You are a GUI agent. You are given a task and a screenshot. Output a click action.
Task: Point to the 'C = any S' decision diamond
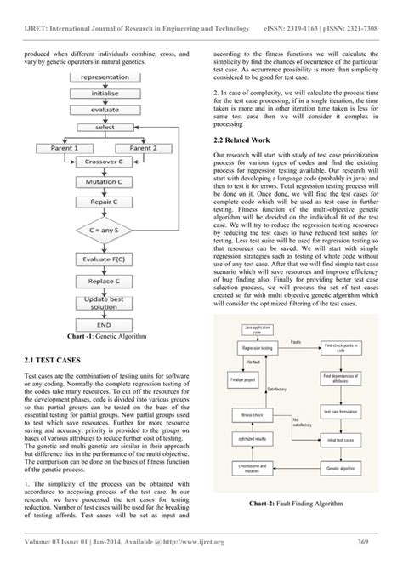[109, 230]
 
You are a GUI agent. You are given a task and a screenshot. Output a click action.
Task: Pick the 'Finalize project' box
[242, 379]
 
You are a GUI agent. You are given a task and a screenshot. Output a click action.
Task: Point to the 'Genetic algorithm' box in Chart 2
[341, 467]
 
